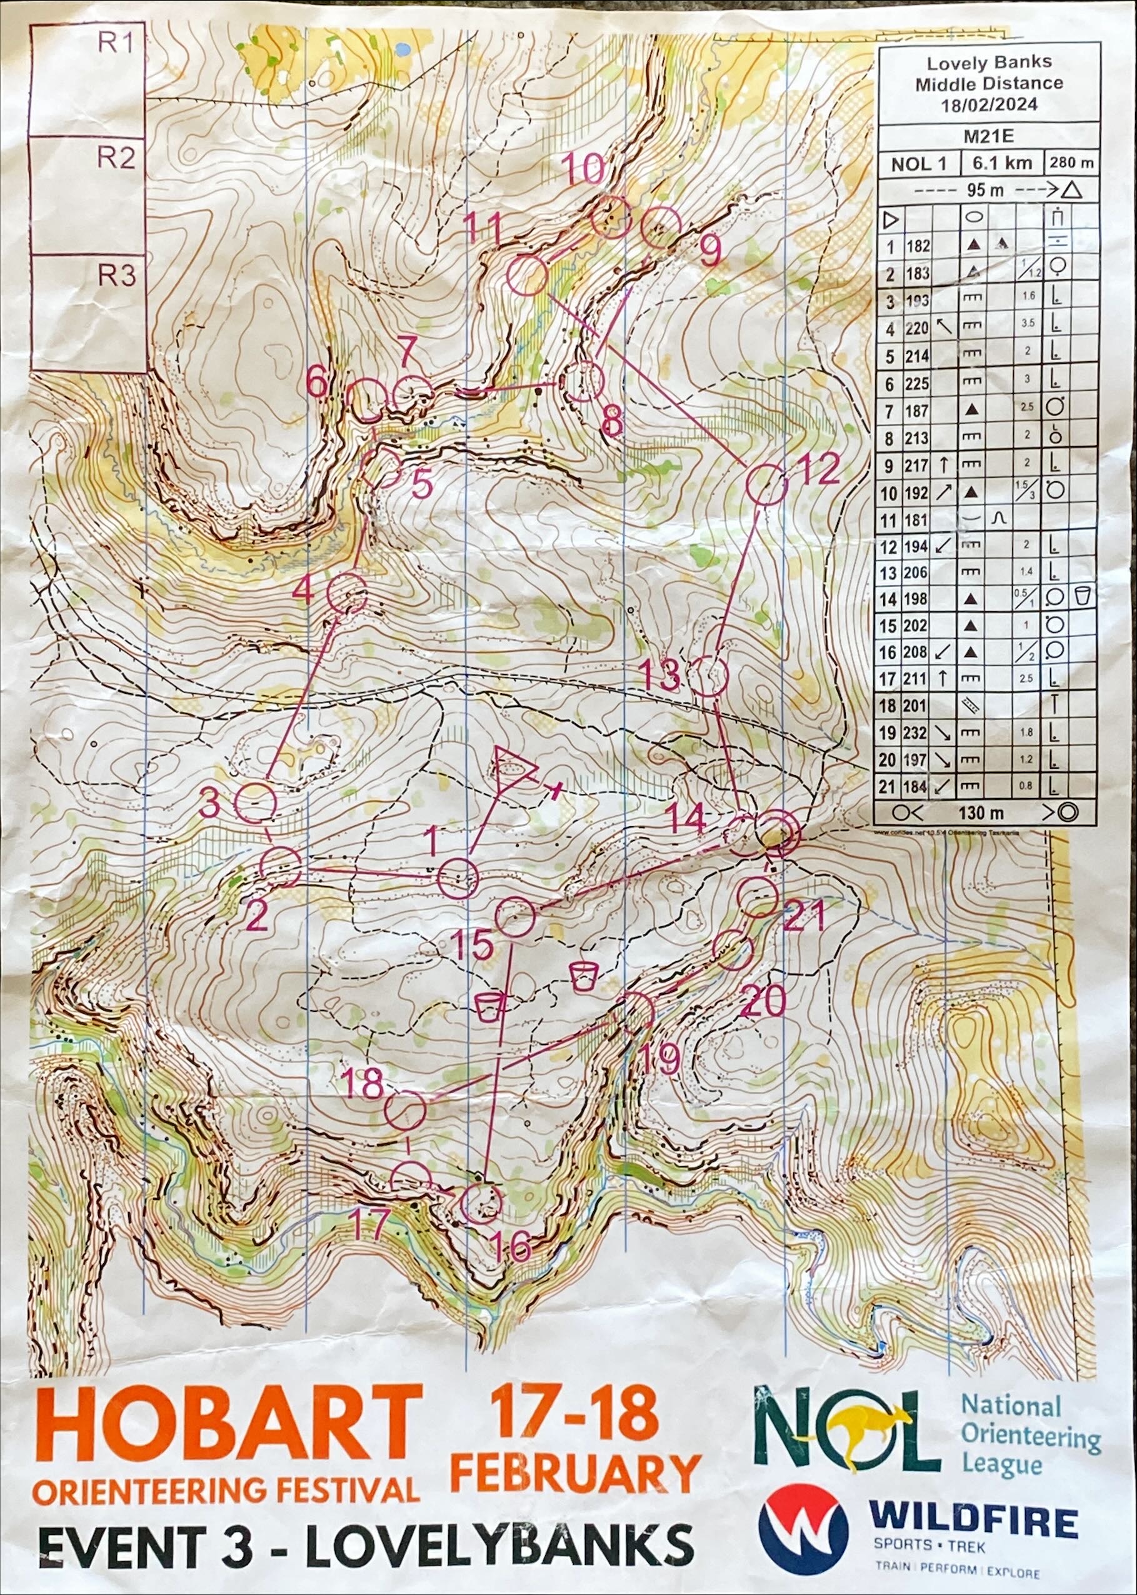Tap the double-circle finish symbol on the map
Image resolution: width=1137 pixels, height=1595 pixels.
[777, 831]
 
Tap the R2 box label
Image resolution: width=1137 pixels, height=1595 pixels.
[116, 159]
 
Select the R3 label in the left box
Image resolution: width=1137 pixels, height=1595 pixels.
[116, 276]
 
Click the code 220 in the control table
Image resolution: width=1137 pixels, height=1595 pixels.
[916, 327]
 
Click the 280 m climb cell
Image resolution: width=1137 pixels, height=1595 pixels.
[1071, 164]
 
